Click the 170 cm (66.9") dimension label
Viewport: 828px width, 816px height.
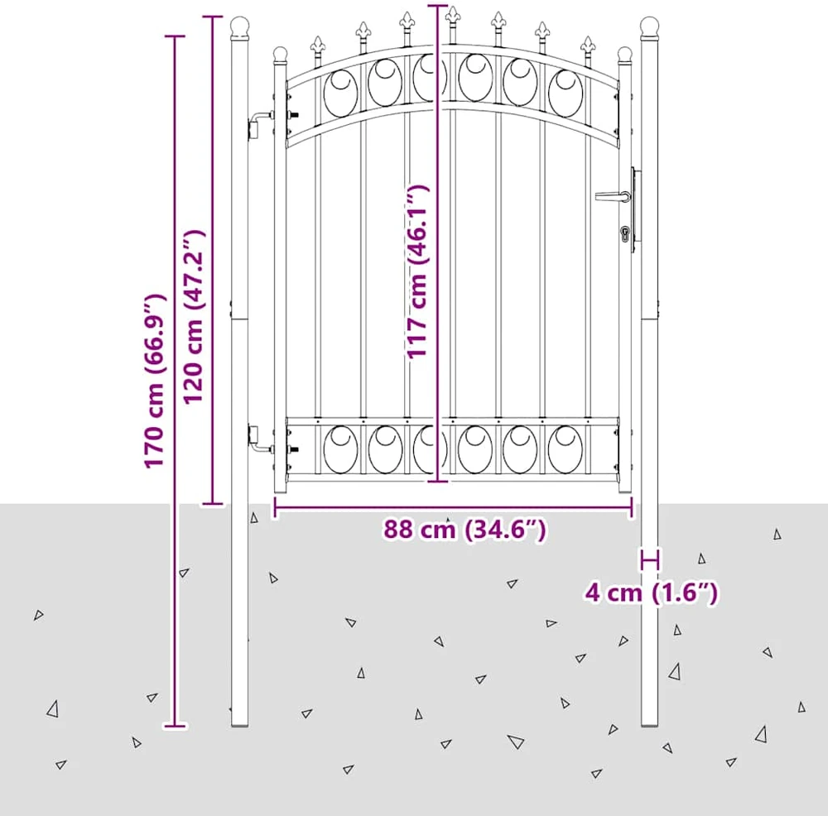coord(156,381)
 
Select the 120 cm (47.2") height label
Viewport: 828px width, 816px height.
coord(193,317)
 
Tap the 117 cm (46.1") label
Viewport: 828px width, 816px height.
coord(416,271)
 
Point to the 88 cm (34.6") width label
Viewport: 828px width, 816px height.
coord(465,529)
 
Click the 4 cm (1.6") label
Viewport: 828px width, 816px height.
coord(651,593)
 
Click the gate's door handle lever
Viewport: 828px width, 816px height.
coord(613,196)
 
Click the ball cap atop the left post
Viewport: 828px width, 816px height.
coord(239,27)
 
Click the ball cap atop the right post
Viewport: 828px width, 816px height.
coord(649,27)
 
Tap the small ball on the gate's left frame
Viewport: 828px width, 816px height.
coord(281,55)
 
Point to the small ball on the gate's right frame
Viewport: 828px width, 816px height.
coord(624,55)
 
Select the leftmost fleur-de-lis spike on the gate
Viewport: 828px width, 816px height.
coord(317,46)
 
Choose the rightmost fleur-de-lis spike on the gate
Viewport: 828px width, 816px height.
coord(588,46)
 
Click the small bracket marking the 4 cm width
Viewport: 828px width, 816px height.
coord(650,559)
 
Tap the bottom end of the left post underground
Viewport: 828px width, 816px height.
coord(239,727)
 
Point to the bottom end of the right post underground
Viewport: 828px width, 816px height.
coord(649,727)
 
